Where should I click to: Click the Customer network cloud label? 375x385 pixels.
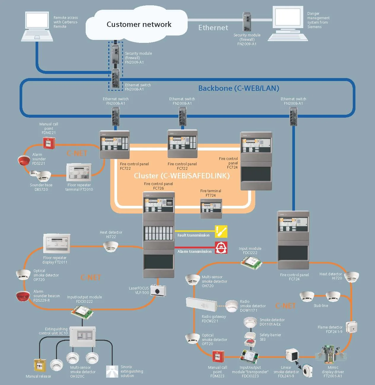[139, 24]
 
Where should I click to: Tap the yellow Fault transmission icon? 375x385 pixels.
[221, 232]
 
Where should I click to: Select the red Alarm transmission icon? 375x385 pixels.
[221, 247]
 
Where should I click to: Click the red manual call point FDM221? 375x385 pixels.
[49, 143]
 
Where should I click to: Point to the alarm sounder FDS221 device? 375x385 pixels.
[24, 160]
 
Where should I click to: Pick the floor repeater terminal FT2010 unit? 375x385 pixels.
[79, 172]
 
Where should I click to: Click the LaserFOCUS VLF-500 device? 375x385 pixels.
[158, 291]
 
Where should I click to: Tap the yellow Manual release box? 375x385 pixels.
[40, 365]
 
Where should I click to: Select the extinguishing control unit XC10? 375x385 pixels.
[82, 337]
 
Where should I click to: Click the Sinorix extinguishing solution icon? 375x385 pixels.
[112, 371]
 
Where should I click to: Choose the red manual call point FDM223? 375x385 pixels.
[218, 357]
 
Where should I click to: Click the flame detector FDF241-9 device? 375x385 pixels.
[352, 327]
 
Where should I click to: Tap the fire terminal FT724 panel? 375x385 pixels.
[211, 208]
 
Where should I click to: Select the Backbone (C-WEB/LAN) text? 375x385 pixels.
[239, 88]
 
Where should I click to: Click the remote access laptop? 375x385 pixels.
[37, 26]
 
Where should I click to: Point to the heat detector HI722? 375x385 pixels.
[111, 247]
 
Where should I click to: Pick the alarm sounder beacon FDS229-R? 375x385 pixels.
[23, 296]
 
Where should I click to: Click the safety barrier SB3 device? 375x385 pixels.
[250, 339]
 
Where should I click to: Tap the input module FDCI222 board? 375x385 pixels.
[251, 263]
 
